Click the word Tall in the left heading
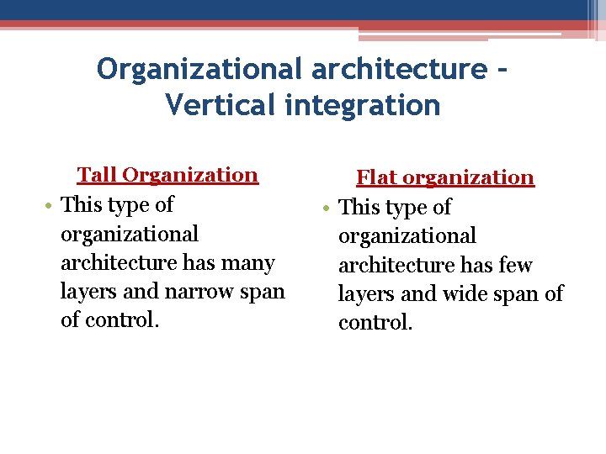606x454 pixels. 97,175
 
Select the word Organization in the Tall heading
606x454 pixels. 189,175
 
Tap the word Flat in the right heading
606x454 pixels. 376,177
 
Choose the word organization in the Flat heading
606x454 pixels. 469,177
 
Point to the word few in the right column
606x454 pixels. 515,266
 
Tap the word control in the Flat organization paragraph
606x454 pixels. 375,323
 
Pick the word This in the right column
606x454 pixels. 359,208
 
